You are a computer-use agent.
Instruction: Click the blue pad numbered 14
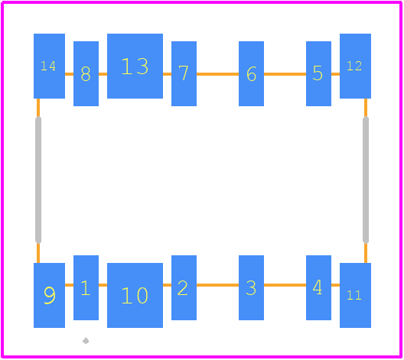[x=49, y=66]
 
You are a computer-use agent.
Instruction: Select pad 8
[x=86, y=73]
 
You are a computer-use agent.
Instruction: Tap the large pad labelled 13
[x=135, y=66]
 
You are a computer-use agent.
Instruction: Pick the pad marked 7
[x=184, y=73]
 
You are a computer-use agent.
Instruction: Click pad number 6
[x=251, y=73]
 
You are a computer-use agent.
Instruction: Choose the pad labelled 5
[x=318, y=73]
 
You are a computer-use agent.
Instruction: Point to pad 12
[x=355, y=66]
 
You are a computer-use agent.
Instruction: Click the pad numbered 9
[x=49, y=295]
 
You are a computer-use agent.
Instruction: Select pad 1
[x=86, y=287]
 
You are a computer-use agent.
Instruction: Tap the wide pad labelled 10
[x=135, y=295]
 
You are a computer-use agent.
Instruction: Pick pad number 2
[x=184, y=287]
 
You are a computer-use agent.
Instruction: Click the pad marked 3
[x=251, y=287]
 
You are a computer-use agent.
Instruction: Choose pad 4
[x=318, y=287]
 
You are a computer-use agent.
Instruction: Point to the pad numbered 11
[x=355, y=295]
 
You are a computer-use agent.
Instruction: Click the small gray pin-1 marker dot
[x=86, y=341]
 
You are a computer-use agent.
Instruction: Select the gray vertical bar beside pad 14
[x=38, y=180]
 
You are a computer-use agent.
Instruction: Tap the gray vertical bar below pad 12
[x=366, y=180]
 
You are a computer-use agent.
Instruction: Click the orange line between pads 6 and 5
[x=285, y=74]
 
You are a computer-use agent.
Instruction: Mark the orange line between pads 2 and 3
[x=218, y=285]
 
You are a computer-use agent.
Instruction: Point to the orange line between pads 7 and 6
[x=218, y=74]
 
